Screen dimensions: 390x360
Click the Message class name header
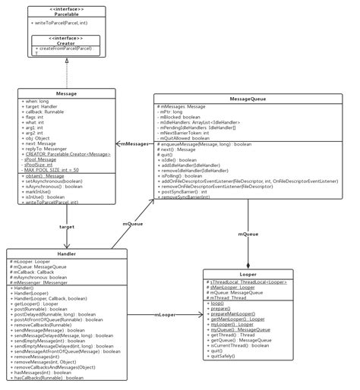(x=67, y=93)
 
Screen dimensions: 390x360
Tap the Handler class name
(x=67, y=253)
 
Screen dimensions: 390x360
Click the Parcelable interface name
(x=68, y=14)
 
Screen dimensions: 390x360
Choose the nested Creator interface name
(x=68, y=42)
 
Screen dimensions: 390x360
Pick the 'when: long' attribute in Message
(x=38, y=101)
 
